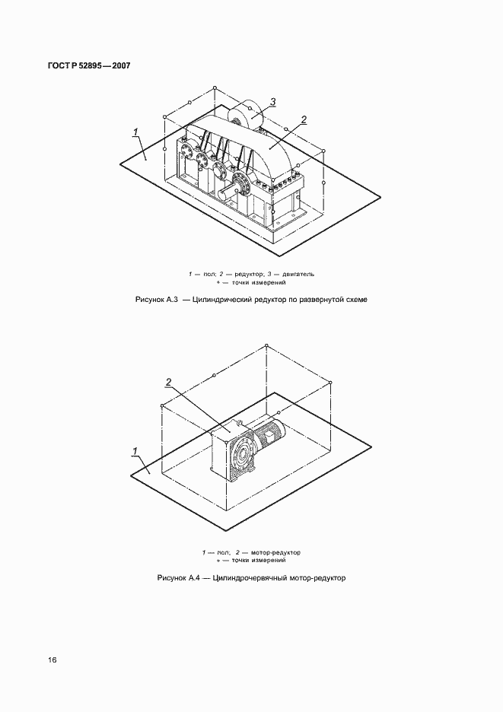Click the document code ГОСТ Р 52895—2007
[x=89, y=65]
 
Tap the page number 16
[x=53, y=660]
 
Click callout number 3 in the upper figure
[x=272, y=102]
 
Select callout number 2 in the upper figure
[x=304, y=120]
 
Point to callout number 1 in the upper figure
[x=135, y=132]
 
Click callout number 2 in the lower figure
[x=168, y=383]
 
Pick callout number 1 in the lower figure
[x=135, y=451]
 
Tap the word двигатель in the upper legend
[x=298, y=275]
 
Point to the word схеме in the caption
[x=357, y=300]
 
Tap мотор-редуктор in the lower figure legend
[x=275, y=552]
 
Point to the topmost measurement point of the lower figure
[x=266, y=345]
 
